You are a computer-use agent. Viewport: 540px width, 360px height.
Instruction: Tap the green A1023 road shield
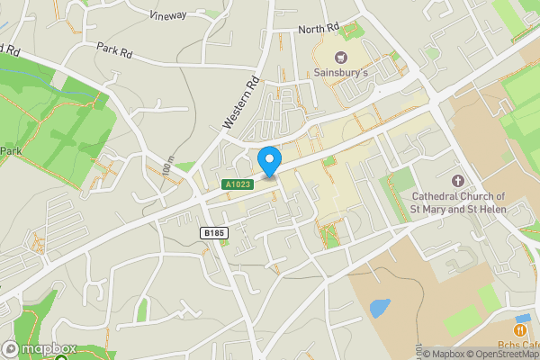click(x=238, y=184)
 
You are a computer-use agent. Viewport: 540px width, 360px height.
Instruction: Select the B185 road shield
click(x=214, y=233)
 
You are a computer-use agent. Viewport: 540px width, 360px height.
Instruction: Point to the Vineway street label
click(x=169, y=14)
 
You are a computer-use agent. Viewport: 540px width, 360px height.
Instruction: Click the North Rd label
click(x=320, y=28)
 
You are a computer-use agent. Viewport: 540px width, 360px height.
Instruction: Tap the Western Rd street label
click(x=244, y=101)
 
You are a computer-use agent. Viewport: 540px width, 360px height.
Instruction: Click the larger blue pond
click(x=380, y=308)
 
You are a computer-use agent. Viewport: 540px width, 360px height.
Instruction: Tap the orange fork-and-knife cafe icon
click(x=520, y=319)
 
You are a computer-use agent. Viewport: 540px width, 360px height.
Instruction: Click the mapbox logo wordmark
click(x=49, y=349)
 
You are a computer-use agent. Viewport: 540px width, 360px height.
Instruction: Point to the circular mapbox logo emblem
click(x=12, y=349)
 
